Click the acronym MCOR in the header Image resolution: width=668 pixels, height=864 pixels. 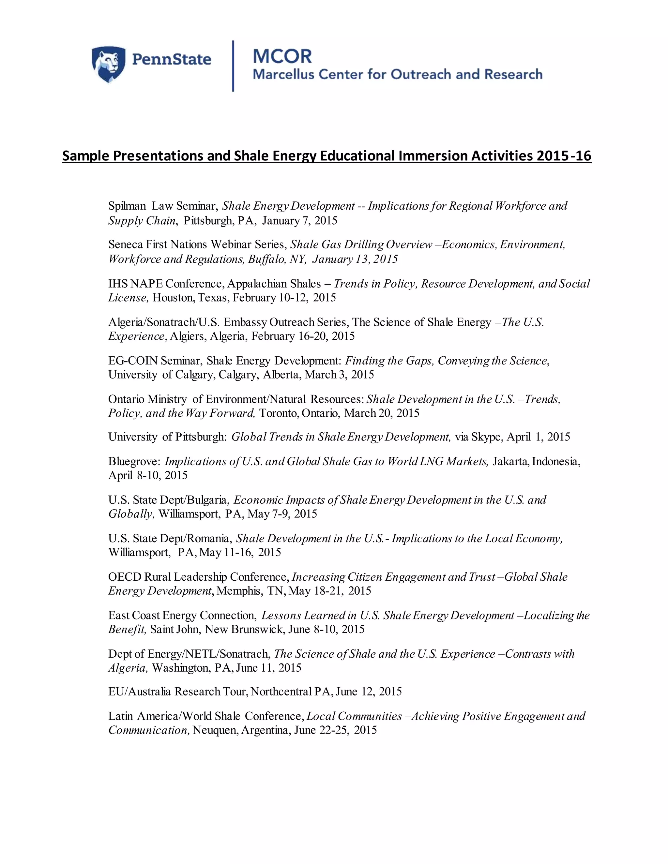click(282, 57)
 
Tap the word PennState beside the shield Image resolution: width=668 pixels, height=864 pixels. click(171, 60)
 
